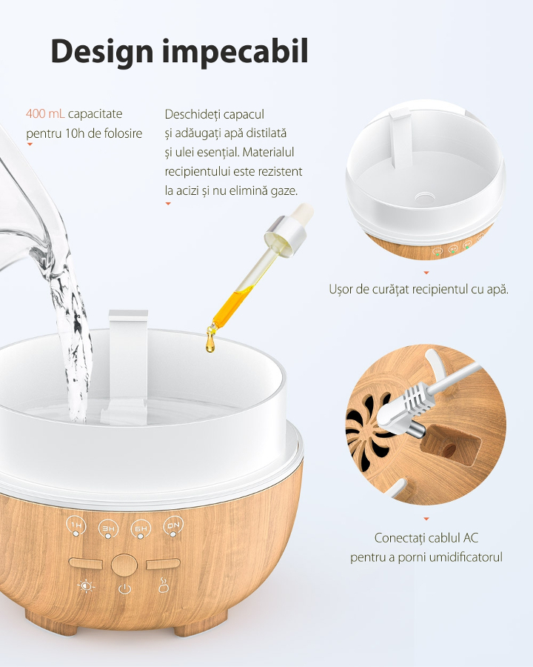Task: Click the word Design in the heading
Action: point(102,52)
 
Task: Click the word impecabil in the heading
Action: point(235,51)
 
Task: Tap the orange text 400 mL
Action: point(45,113)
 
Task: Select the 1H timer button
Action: point(76,525)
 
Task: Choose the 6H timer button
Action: point(141,528)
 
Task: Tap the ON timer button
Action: point(173,527)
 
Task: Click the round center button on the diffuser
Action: point(124,565)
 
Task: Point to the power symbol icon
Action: point(124,588)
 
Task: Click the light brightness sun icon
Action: point(87,587)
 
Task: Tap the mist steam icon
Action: point(164,585)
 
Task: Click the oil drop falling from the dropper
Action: point(209,344)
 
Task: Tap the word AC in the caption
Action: point(471,538)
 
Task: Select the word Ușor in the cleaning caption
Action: point(341,289)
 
